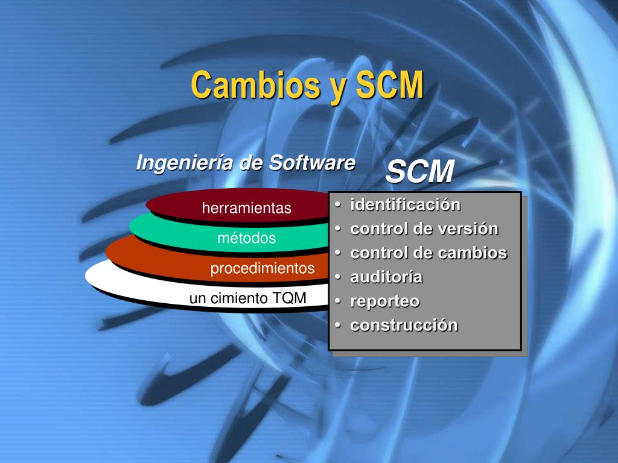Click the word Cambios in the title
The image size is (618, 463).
pos(255,84)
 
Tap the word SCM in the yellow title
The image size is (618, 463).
pos(390,84)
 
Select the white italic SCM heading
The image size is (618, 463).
pos(420,171)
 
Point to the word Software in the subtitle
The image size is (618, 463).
pos(312,163)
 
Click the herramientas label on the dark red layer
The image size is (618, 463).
pos(247,208)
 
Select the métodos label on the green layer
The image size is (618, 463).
pos(247,238)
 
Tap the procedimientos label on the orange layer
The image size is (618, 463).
pos(263,268)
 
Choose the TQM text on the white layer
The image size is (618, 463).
pos(289,298)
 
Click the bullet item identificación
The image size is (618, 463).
pos(405,205)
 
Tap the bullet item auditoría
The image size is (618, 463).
pos(386,277)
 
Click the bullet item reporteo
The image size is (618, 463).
pos(385,301)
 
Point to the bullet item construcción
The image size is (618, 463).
pos(404,325)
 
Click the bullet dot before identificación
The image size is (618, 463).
pos(338,205)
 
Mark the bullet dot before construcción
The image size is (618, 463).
pos(338,325)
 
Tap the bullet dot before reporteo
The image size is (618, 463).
pos(338,301)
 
